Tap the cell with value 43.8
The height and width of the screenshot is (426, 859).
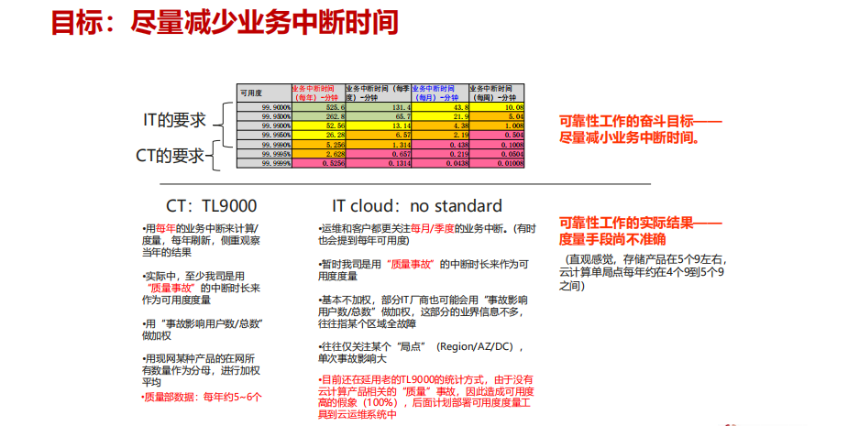439,107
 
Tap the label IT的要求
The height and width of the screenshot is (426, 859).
174,120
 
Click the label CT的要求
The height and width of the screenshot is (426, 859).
170,156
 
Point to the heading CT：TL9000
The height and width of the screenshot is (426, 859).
211,205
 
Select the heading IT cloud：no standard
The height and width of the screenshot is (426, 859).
416,205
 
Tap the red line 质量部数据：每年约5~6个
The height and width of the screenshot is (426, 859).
202,397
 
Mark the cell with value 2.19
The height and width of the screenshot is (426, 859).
439,136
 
